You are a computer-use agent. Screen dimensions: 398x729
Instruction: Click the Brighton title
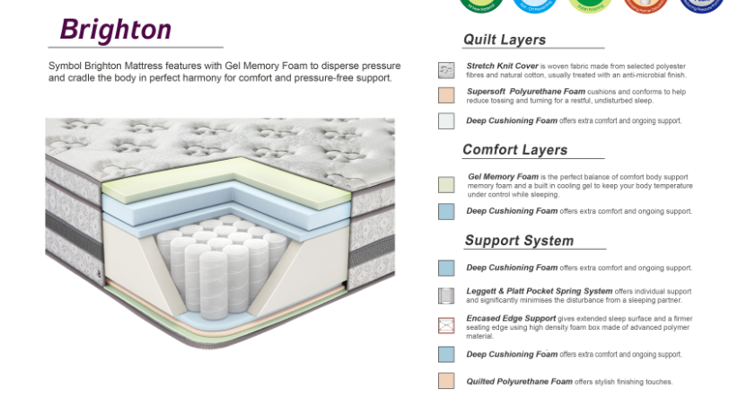tap(115, 30)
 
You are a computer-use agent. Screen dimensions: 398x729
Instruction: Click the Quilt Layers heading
tap(504, 40)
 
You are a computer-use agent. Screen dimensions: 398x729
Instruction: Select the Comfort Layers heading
tap(514, 150)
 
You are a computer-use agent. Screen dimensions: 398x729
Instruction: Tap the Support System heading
tap(519, 241)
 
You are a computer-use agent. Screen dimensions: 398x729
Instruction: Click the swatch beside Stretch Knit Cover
tap(446, 70)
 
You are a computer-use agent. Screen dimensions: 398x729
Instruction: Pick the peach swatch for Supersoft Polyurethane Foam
tap(446, 95)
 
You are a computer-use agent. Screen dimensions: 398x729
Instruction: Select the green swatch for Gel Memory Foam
tap(446, 184)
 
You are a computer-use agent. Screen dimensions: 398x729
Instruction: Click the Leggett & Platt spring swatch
tap(446, 296)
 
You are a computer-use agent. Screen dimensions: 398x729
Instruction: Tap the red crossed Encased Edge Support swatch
tap(446, 325)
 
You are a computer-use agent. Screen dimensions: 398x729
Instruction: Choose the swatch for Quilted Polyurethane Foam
tap(446, 381)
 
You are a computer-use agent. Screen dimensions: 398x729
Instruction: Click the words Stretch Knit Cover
tap(502, 66)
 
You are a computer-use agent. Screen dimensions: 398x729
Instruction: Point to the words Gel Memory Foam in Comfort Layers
tap(503, 177)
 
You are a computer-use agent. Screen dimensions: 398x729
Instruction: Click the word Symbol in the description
tap(62, 66)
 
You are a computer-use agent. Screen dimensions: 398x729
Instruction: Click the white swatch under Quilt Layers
tap(446, 120)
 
